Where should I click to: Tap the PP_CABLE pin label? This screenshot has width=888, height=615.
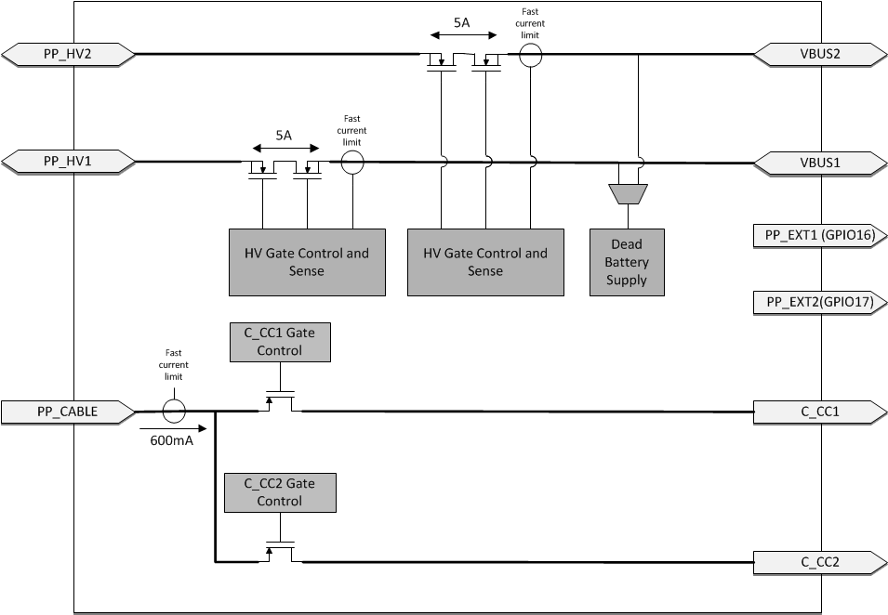coord(68,410)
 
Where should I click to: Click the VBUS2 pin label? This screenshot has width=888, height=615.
coord(818,55)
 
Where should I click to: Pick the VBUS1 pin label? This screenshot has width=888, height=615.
coord(818,162)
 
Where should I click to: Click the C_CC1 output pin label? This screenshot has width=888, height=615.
coord(818,411)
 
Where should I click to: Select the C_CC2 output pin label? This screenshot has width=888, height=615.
coord(818,561)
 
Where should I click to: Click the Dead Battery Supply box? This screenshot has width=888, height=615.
coord(627,262)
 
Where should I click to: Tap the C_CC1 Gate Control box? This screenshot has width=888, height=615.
coord(280,342)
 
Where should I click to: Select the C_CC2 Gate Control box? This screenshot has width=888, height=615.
coord(280,492)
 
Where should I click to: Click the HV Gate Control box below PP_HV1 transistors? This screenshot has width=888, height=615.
coord(308,262)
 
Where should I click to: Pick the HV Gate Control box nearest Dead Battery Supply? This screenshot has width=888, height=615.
coord(485,262)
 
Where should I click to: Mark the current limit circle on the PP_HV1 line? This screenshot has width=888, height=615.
coord(351,164)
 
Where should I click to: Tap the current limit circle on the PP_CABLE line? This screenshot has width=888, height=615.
coord(173,411)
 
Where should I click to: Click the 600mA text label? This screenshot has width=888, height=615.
coord(171,440)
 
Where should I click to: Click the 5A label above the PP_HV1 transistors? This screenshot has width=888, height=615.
coord(284,134)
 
